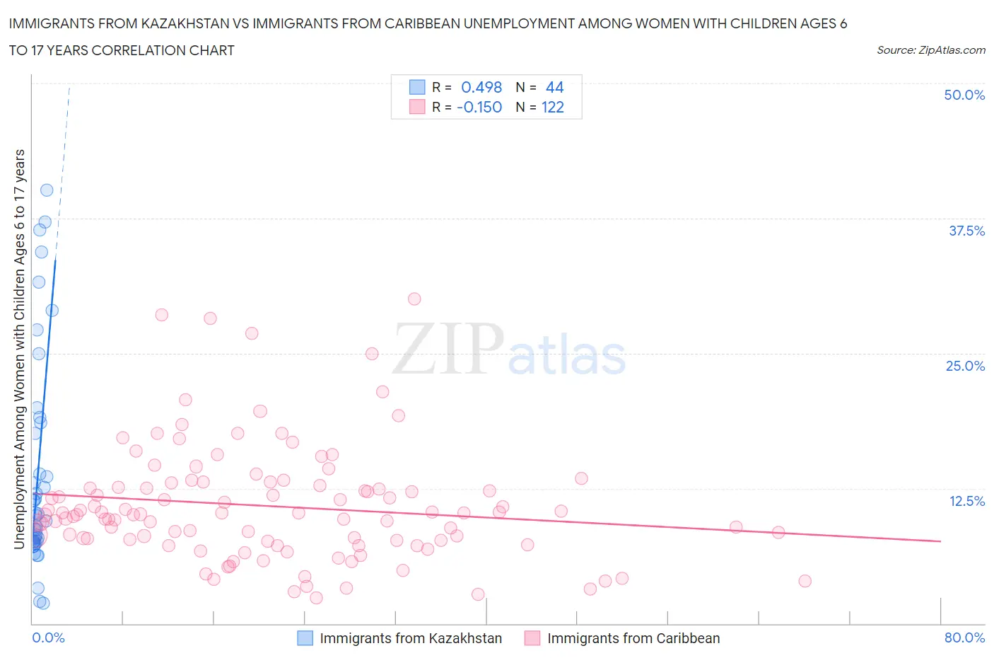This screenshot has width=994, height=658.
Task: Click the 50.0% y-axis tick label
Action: tap(964, 95)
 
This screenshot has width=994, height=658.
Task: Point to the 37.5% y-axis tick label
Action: tap(966, 231)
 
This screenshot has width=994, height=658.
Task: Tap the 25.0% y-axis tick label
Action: tap(965, 366)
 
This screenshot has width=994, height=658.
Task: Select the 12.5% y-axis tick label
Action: tap(966, 501)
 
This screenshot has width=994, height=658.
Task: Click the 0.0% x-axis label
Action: tap(48, 637)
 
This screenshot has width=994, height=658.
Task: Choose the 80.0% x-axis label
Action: tap(964, 637)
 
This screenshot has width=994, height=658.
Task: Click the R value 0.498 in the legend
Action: tap(481, 87)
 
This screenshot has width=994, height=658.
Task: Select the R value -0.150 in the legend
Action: tap(479, 107)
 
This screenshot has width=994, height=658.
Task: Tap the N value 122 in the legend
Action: tap(553, 107)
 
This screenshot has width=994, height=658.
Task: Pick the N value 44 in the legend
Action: tap(555, 87)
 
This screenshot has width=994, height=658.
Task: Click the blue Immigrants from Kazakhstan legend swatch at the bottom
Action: tap(305, 638)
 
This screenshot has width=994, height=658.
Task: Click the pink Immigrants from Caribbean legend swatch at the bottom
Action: tap(532, 638)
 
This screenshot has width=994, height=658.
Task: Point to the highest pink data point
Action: tap(414, 299)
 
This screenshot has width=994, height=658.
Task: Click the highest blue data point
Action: tap(47, 190)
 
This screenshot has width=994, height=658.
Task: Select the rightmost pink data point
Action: tap(805, 581)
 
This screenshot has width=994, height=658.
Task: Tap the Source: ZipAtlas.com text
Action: tap(930, 50)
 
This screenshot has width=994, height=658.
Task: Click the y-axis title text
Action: tap(20, 349)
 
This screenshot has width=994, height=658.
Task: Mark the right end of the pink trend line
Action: tap(940, 541)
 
